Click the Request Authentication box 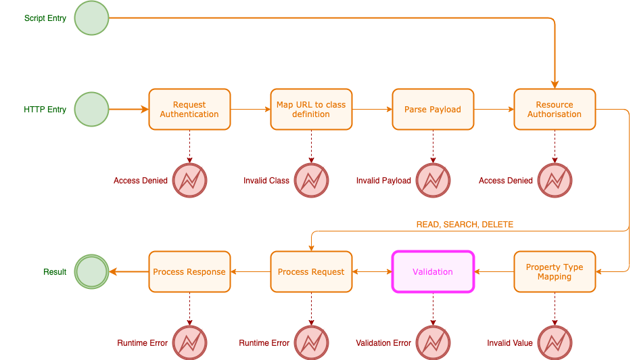pos(189,109)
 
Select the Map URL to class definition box pos(311,109)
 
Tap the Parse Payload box pos(433,109)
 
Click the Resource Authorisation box pos(555,109)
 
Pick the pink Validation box pos(433,271)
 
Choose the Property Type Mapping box pos(555,271)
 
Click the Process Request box pos(311,271)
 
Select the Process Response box pos(189,271)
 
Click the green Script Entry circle pos(91,18)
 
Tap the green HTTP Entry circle pos(91,109)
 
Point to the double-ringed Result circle pos(91,271)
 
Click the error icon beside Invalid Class pos(311,181)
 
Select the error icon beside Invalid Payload pos(433,181)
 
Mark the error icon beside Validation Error pos(433,342)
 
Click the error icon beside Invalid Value pos(555,342)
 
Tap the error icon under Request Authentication pos(189,181)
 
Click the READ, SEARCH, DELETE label pos(465,225)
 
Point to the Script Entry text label pos(45,18)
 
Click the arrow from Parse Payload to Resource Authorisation pos(494,109)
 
